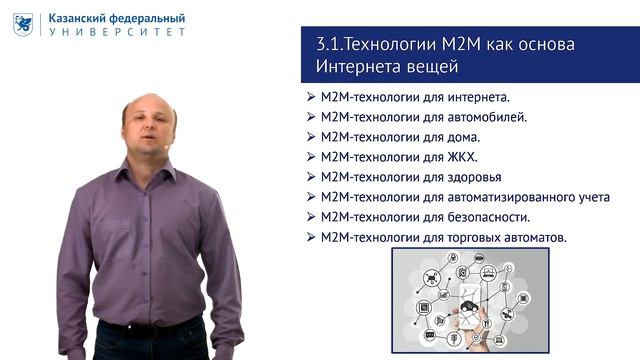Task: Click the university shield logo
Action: coord(23,24)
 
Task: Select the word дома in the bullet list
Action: coord(463,138)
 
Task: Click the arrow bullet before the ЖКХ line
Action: coord(311,158)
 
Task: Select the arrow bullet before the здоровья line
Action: coord(311,178)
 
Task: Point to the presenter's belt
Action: coord(150,324)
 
